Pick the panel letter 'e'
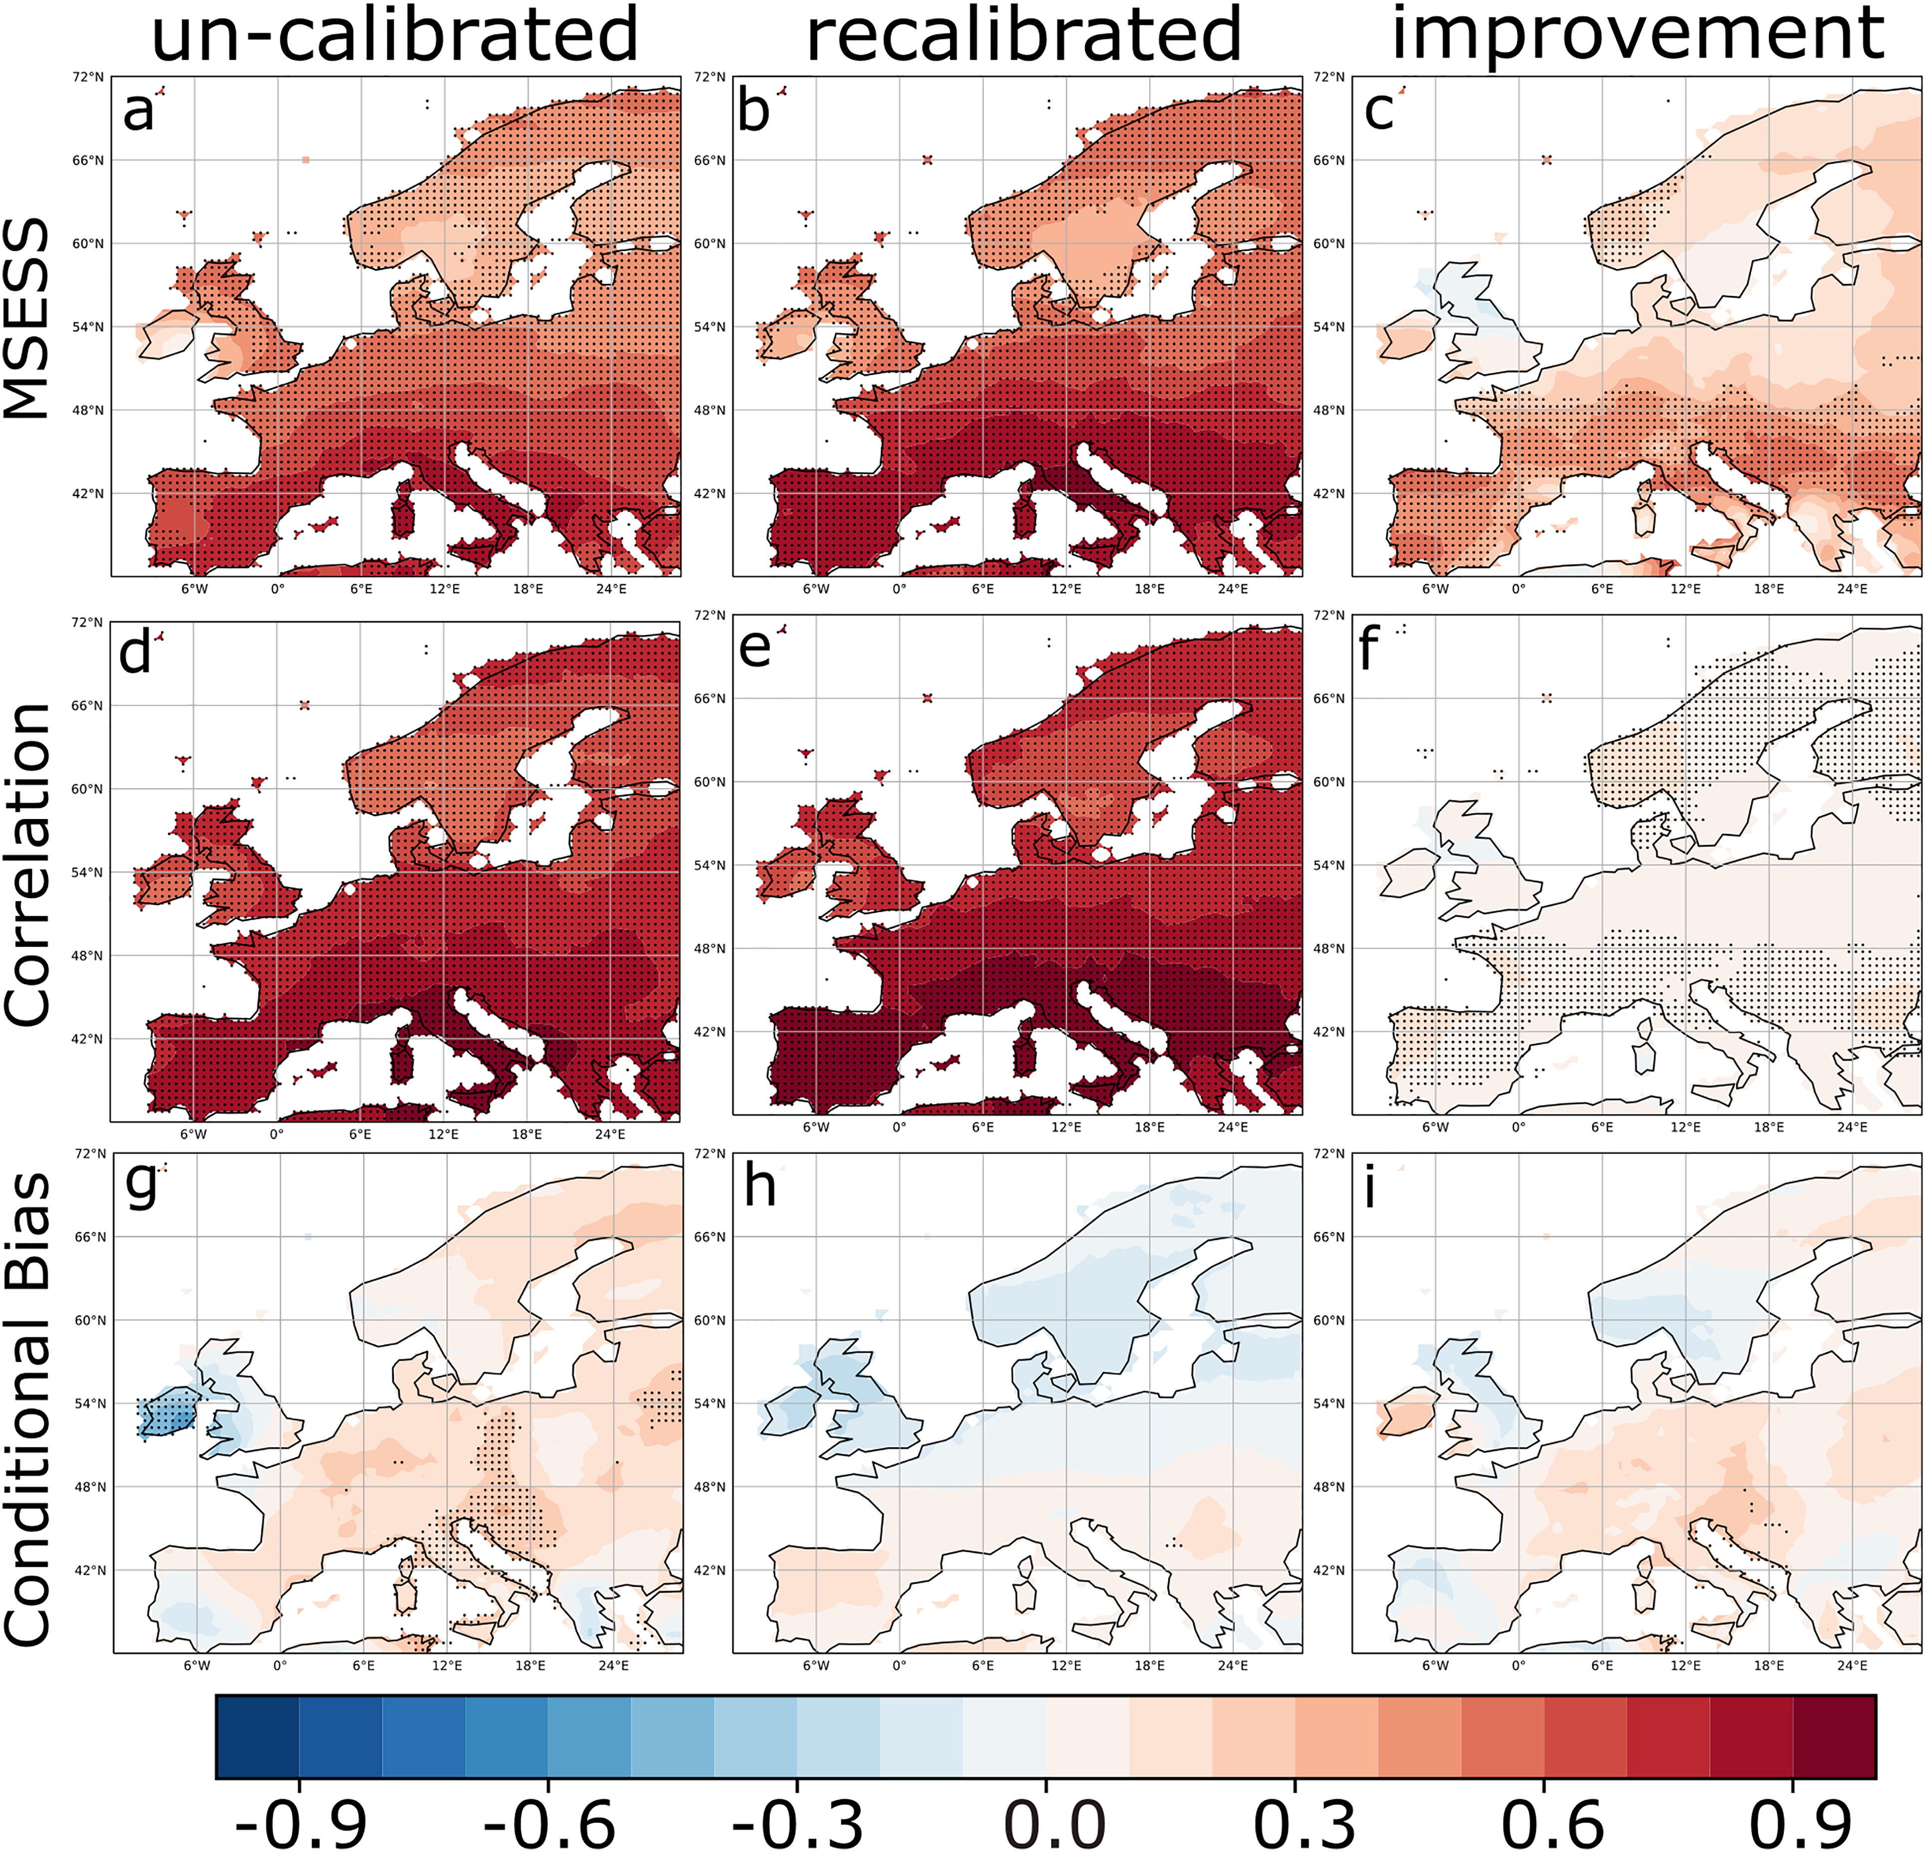[x=754, y=648]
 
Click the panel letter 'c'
[x=1379, y=111]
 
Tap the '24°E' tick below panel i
[x=1852, y=1666]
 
